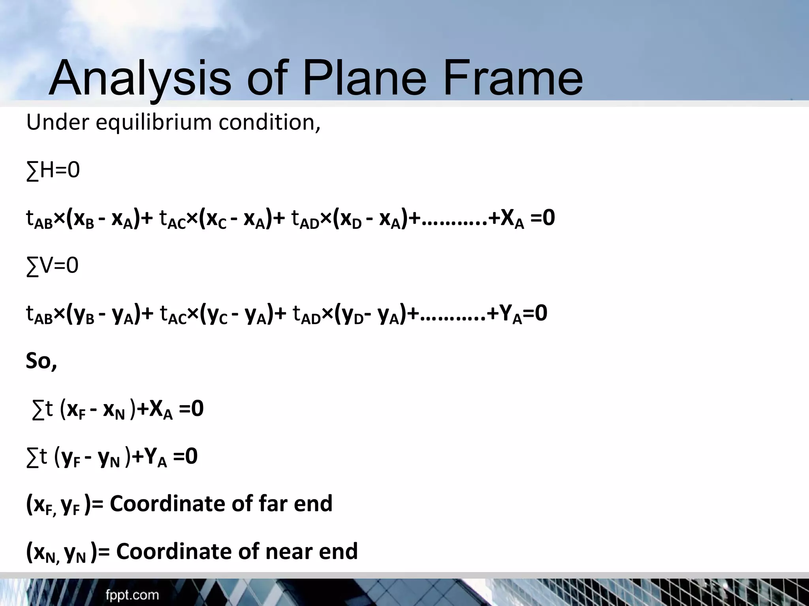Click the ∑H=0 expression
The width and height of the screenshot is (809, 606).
point(53,171)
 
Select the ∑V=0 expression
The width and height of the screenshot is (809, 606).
point(52,266)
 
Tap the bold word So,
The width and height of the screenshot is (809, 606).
point(41,361)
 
